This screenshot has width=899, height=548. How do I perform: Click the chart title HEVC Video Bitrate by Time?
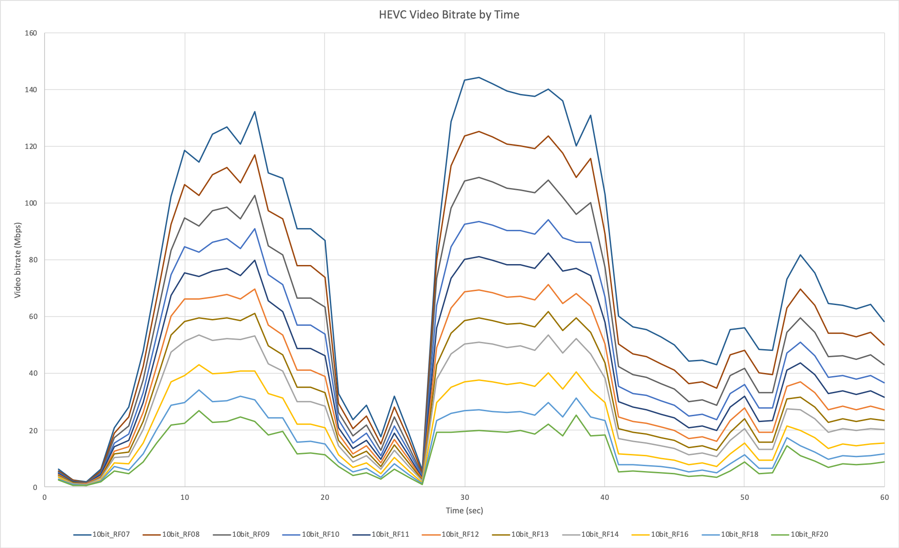pyautogui.click(x=449, y=15)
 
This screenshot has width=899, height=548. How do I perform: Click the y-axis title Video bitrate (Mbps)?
pyautogui.click(x=18, y=260)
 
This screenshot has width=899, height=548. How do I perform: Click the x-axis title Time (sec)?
pyautogui.click(x=464, y=511)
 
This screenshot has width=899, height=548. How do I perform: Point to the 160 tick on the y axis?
pyautogui.click(x=31, y=33)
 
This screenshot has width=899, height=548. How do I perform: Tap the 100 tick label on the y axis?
pyautogui.click(x=31, y=203)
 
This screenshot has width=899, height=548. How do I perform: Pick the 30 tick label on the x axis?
pyautogui.click(x=465, y=497)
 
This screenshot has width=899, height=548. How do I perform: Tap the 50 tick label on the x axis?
pyautogui.click(x=745, y=497)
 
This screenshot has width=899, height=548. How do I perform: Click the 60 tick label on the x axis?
pyautogui.click(x=885, y=497)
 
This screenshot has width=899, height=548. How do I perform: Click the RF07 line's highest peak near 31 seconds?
pyautogui.click(x=479, y=77)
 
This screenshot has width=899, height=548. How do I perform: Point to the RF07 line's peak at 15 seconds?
pyautogui.click(x=255, y=112)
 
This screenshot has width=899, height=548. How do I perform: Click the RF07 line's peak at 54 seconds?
pyautogui.click(x=800, y=255)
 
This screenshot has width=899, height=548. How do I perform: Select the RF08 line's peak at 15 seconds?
pyautogui.click(x=255, y=155)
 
